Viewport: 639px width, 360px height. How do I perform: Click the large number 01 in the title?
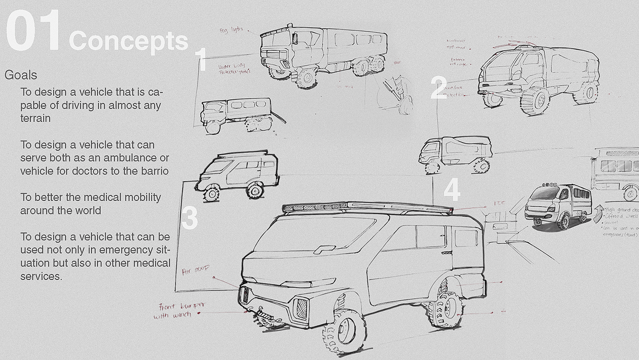[33, 32]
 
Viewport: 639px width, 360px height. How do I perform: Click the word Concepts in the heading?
[128, 42]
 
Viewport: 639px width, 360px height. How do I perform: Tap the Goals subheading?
[21, 75]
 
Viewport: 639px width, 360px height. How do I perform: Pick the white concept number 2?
[439, 88]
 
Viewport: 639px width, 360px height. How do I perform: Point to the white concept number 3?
[189, 218]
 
